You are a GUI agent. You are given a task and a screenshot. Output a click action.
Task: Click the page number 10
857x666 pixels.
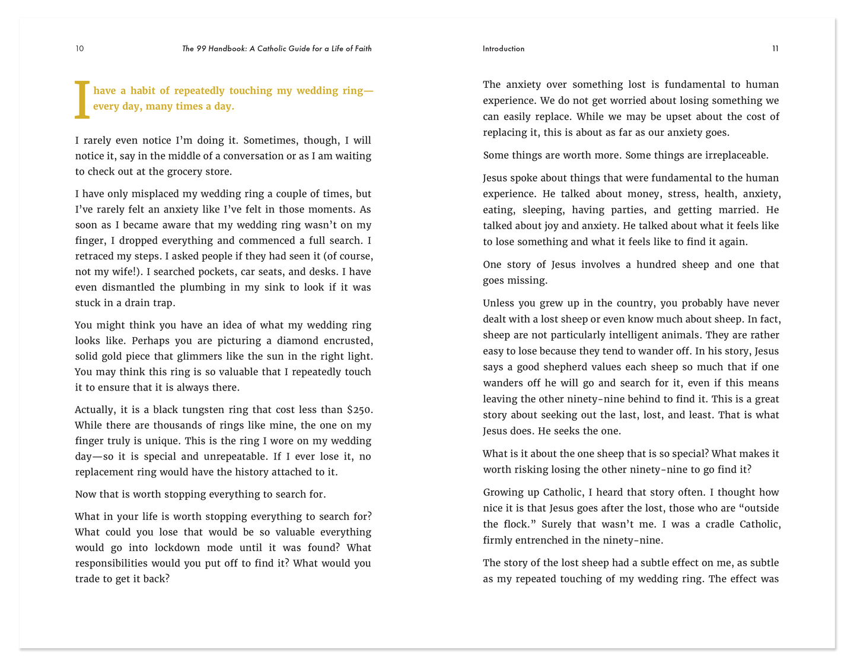(x=79, y=49)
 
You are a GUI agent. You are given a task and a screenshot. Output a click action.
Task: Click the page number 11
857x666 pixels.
(x=775, y=49)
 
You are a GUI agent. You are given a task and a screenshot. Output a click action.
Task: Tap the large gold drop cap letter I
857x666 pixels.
(x=82, y=100)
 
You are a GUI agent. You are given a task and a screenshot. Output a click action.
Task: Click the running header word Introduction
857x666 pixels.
(x=504, y=49)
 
